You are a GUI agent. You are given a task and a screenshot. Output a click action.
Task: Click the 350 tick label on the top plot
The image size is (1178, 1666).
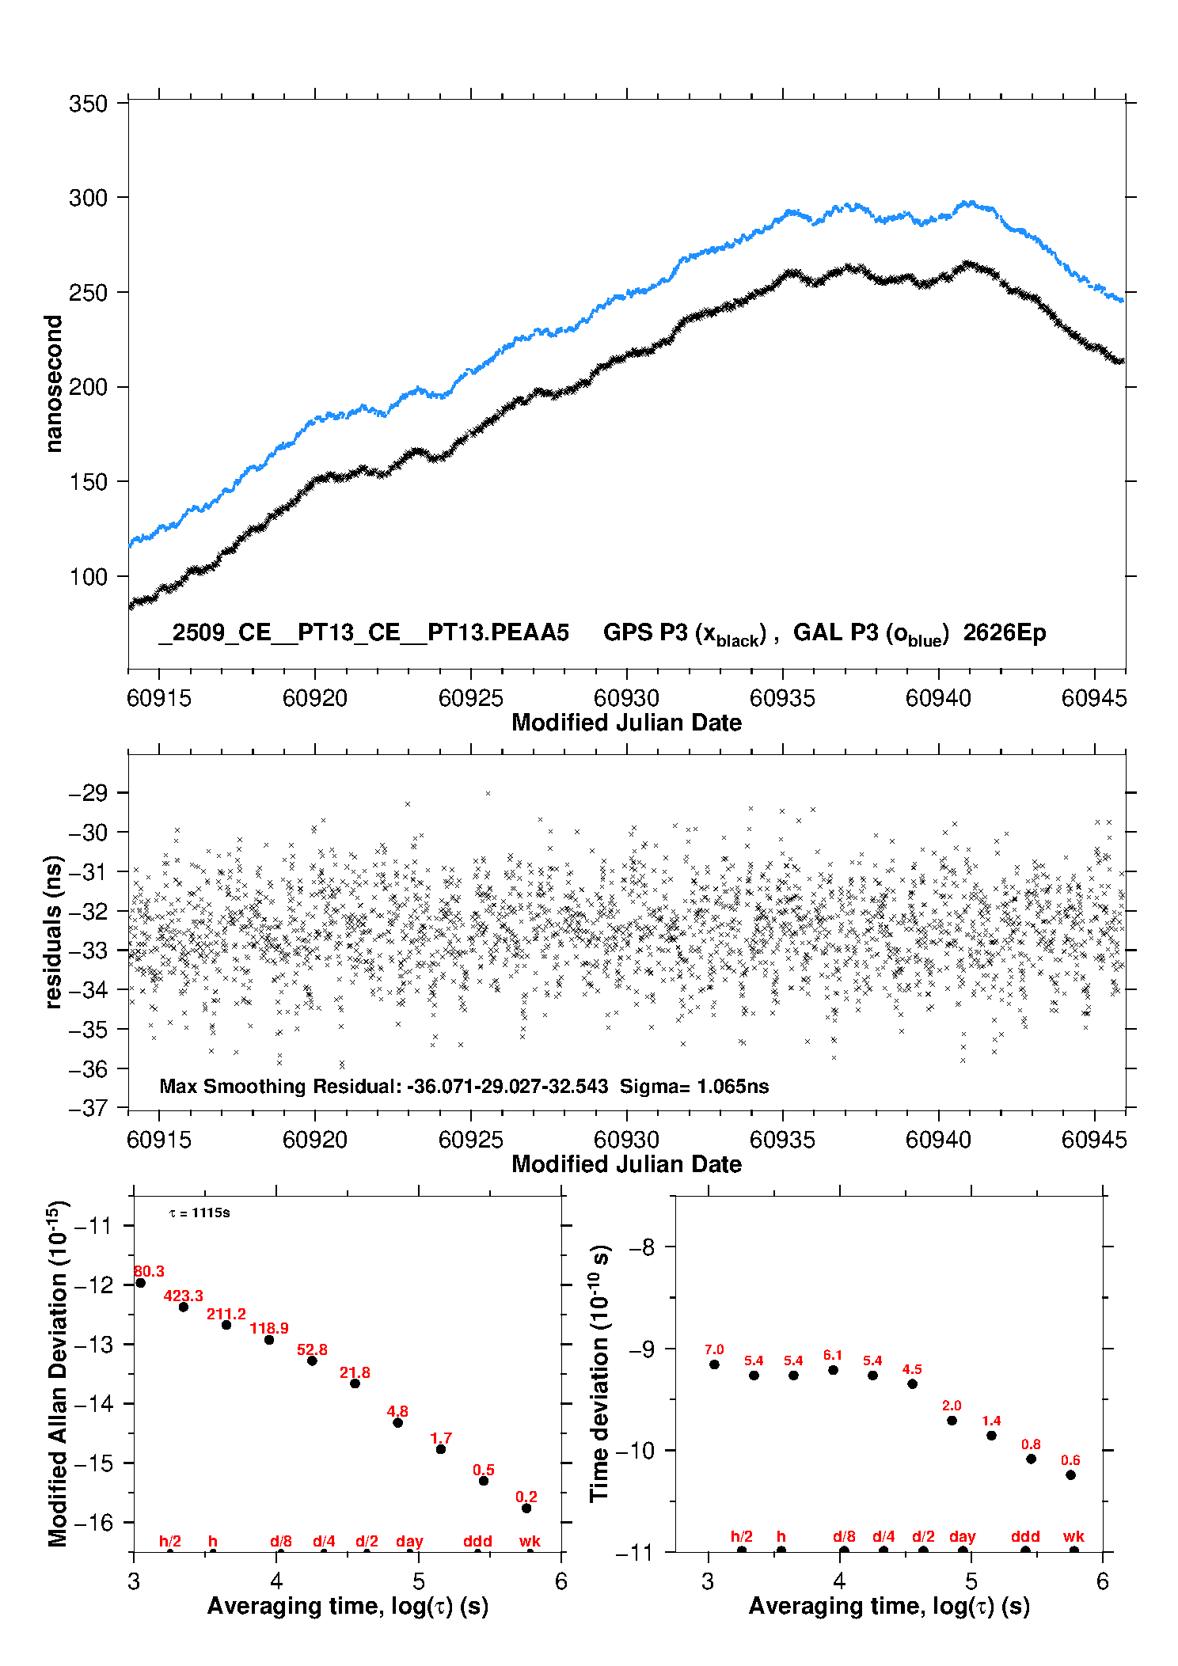[88, 104]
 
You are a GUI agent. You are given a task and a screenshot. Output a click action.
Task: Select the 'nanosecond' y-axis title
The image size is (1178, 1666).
[54, 384]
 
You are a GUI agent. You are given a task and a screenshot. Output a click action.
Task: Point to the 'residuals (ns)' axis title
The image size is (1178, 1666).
[54, 932]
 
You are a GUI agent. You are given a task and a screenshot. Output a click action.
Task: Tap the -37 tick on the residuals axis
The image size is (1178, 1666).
[88, 1107]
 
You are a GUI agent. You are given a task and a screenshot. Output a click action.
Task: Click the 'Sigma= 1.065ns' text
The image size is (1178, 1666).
[694, 1086]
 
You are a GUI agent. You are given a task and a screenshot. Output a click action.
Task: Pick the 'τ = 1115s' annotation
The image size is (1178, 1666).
[199, 1213]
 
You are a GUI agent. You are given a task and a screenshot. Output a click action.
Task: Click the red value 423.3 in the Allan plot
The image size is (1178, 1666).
[184, 1296]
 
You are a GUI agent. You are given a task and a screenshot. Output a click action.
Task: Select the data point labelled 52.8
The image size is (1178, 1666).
[312, 1361]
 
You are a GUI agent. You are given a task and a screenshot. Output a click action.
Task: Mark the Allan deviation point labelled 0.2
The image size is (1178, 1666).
[526, 1508]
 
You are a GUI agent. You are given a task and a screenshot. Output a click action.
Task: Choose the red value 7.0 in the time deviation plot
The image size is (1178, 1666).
[714, 1349]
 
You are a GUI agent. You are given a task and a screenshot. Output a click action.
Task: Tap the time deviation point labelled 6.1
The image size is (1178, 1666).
[833, 1370]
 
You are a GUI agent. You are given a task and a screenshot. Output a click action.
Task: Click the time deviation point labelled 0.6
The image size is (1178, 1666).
[1070, 1474]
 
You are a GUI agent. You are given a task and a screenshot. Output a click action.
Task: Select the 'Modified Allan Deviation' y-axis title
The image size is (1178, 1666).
[58, 1373]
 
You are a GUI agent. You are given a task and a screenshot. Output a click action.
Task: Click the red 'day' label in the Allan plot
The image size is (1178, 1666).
[409, 1541]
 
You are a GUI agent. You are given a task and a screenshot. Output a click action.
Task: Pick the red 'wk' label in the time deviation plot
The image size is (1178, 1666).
[1073, 1536]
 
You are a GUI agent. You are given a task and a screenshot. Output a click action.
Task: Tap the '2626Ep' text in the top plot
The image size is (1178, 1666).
[1005, 632]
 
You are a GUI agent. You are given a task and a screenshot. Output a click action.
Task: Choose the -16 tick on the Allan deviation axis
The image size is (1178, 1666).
[93, 1522]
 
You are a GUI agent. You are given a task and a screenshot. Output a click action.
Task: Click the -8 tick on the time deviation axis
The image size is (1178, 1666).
[642, 1247]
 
